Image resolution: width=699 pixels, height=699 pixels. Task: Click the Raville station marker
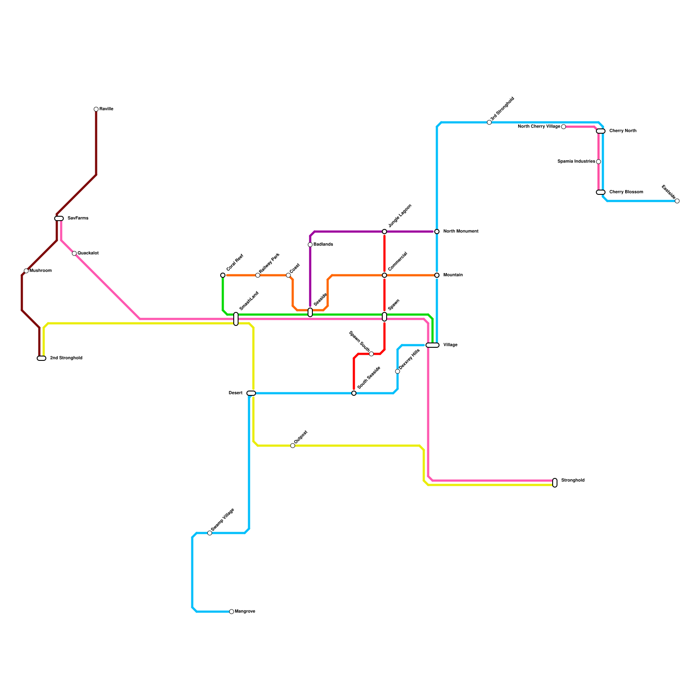[x=96, y=109]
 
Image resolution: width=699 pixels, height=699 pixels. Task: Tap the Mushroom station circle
[x=26, y=271]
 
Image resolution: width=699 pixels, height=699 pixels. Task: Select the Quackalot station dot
[x=74, y=253]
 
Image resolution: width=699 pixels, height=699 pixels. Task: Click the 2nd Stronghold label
[x=66, y=358]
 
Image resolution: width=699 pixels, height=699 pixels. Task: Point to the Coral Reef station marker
[x=223, y=275]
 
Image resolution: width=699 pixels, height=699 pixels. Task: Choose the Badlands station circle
[x=310, y=245]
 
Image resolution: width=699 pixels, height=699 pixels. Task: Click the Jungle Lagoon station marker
[x=384, y=232]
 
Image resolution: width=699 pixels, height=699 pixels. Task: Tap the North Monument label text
[x=460, y=232]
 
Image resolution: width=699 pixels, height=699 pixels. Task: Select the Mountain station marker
[x=437, y=275]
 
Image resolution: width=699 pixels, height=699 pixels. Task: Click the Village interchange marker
[x=433, y=345]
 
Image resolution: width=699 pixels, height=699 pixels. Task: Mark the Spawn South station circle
[x=371, y=354]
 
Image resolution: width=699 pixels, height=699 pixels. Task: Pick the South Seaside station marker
[x=354, y=393]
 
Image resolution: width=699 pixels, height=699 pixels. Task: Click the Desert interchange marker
[x=251, y=393]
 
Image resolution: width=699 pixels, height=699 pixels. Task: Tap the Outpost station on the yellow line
[x=293, y=446]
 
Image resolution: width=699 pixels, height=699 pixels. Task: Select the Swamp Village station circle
[x=210, y=533]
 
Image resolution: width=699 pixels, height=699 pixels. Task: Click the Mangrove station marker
[x=232, y=612]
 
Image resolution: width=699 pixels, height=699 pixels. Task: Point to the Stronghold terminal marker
[x=555, y=483]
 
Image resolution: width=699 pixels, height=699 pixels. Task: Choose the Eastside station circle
[x=677, y=201]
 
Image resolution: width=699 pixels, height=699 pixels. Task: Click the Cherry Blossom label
[x=626, y=192]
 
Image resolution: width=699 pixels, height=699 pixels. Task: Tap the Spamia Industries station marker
[x=599, y=162]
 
